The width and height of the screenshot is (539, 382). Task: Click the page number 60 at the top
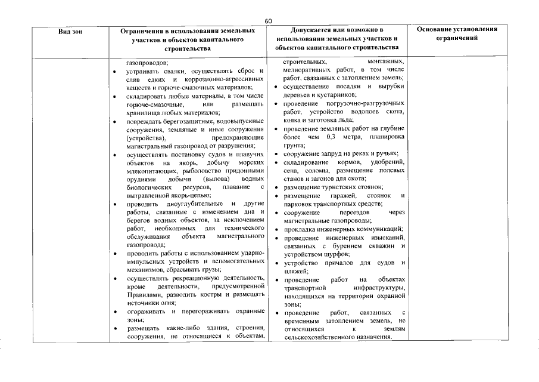269,21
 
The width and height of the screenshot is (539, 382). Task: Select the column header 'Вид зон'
71,30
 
